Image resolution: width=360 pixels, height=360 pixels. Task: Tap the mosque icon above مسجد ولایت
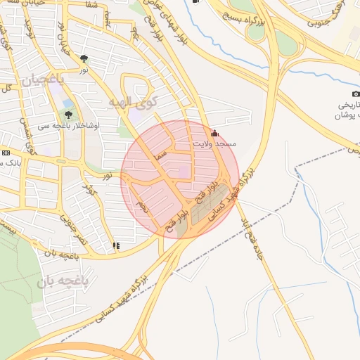[214, 133]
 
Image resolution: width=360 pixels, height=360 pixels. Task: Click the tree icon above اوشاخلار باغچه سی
[68, 114]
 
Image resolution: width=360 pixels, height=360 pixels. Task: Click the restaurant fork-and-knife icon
[116, 245]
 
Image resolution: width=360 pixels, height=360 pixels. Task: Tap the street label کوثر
[90, 190]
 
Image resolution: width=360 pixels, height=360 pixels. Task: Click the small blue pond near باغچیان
[67, 103]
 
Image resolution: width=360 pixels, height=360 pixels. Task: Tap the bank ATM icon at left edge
[6, 153]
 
